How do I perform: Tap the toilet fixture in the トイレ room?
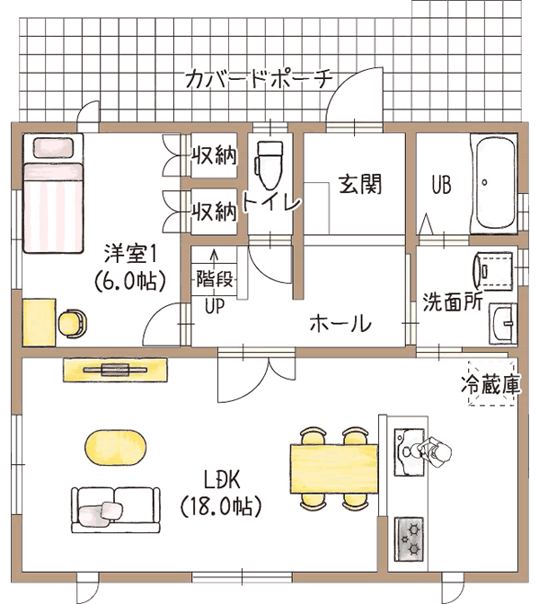point(269,165)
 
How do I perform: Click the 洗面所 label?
point(453,302)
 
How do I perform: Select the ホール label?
point(340,324)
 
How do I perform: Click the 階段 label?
point(214,278)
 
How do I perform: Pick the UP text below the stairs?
point(214,307)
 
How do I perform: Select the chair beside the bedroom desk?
point(74,322)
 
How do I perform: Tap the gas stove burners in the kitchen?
point(411,536)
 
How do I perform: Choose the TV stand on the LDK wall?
point(116,369)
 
